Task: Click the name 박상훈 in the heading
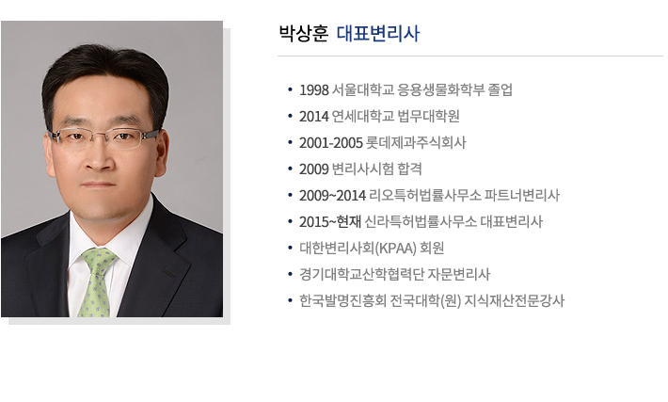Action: click(303, 34)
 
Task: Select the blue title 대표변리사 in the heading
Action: click(378, 34)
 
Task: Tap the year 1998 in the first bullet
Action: click(314, 90)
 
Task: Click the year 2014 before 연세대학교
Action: click(314, 117)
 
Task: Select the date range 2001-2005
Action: click(331, 143)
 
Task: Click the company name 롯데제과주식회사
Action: click(416, 143)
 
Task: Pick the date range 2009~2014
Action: click(332, 196)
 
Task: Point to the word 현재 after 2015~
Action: click(349, 222)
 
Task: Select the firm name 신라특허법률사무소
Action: click(421, 222)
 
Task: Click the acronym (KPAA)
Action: click(395, 249)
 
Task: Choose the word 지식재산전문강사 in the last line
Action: click(515, 301)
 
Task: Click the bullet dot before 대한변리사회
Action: click(290, 249)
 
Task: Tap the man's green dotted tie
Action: click(98, 281)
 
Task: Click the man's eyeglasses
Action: click(103, 137)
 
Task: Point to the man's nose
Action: click(100, 158)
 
